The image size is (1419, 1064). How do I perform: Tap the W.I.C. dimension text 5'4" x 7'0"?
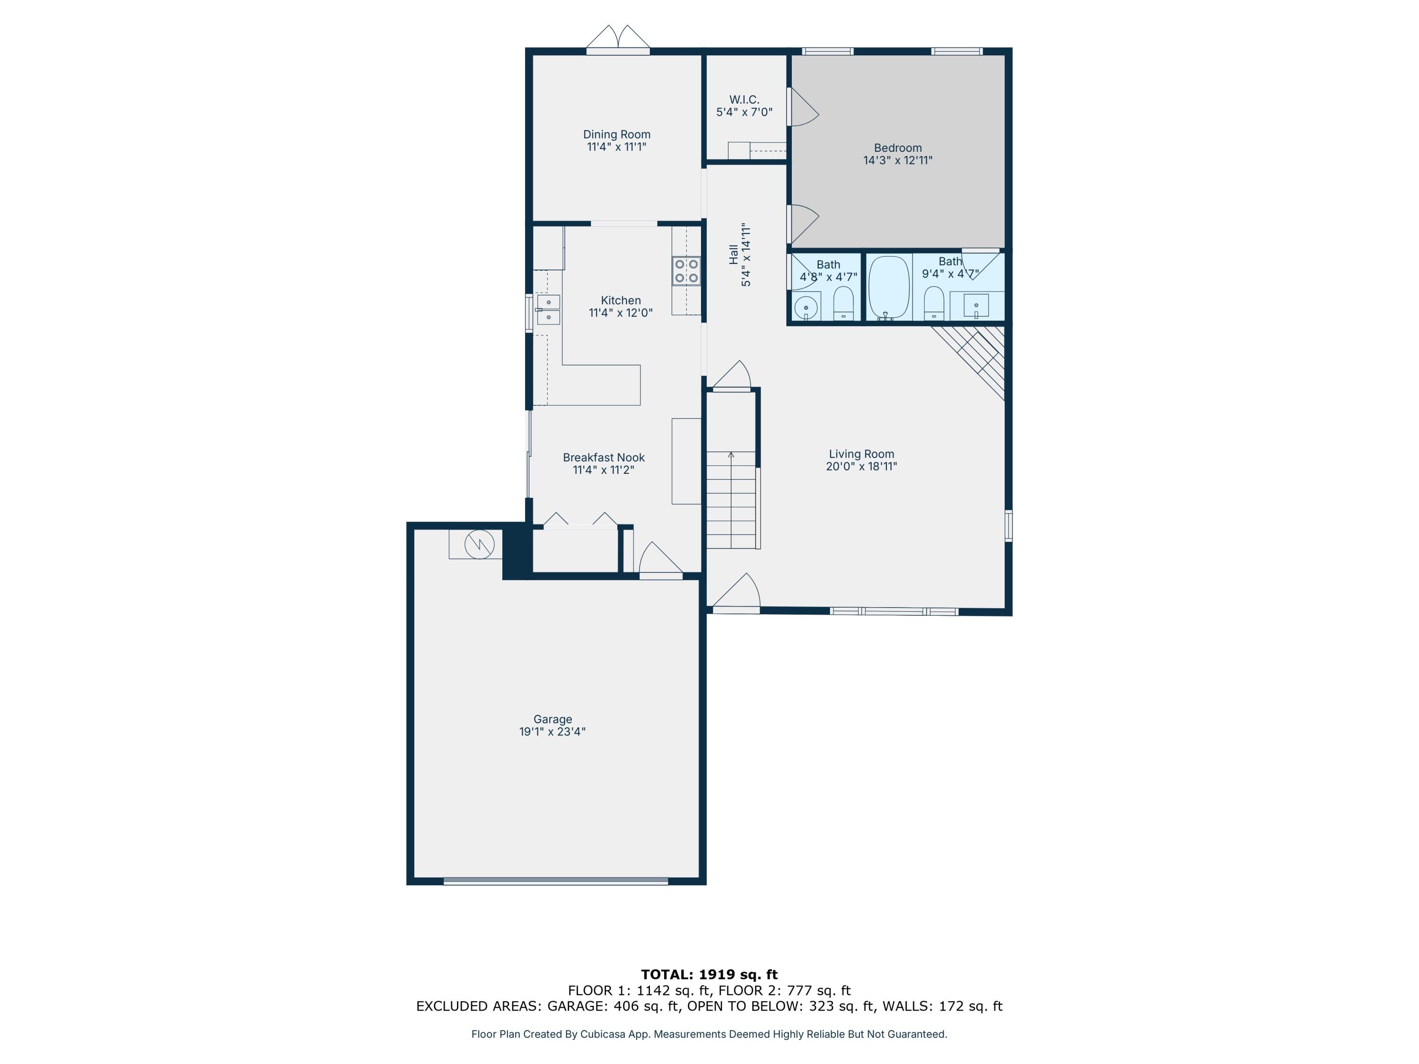click(744, 112)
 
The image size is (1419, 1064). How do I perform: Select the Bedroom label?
click(897, 148)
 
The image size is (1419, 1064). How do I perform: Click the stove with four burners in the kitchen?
click(686, 270)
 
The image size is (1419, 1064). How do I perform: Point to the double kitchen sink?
click(549, 310)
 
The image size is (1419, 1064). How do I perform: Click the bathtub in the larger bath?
click(889, 288)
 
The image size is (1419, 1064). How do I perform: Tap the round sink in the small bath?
click(806, 308)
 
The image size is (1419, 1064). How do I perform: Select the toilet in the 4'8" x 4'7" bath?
click(843, 304)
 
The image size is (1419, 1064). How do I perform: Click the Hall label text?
click(733, 254)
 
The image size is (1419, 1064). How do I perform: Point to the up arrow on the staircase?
click(731, 455)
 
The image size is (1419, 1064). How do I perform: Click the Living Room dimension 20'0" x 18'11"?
click(861, 466)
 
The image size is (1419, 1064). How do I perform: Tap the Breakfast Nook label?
click(604, 457)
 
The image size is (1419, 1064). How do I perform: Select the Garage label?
click(552, 719)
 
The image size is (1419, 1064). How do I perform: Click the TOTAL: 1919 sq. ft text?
click(709, 975)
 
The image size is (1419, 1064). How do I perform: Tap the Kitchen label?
click(620, 300)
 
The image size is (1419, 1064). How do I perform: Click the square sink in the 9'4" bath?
click(976, 306)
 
